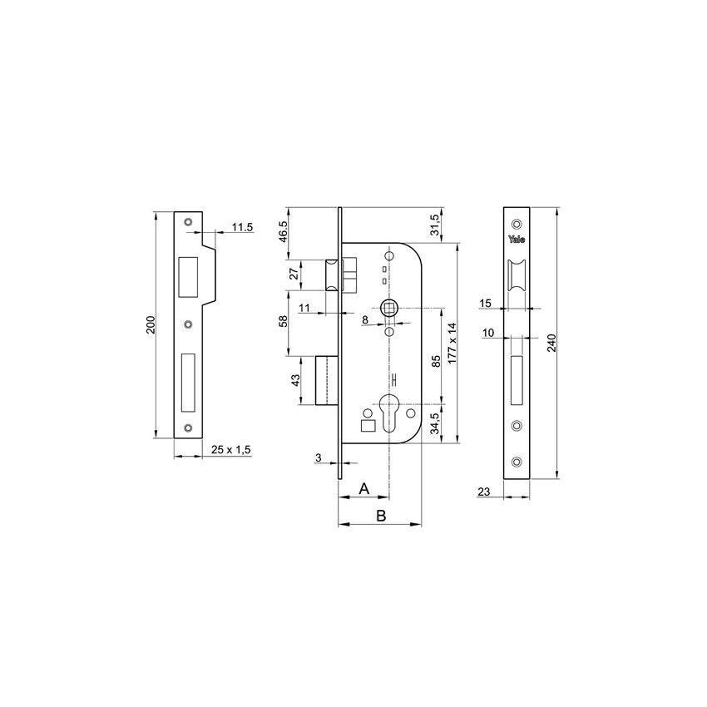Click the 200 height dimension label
151,324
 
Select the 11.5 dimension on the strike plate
242,226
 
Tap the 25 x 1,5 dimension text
231,449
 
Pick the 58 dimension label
283,321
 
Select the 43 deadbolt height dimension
293,382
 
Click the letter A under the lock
363,490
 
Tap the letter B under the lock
380,516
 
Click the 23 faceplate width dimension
485,492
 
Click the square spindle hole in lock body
388,309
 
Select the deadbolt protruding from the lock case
326,381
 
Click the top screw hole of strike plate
188,222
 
